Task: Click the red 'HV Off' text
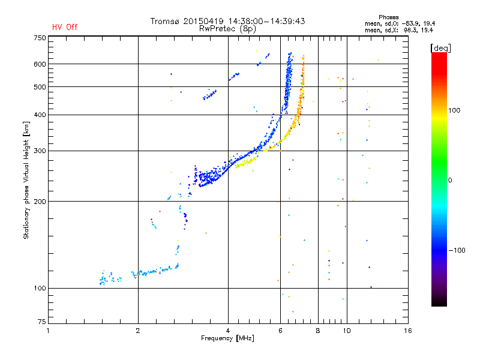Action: (x=65, y=27)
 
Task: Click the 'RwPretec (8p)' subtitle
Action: (x=227, y=28)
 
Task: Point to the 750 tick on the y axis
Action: (x=40, y=37)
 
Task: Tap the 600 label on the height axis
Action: (x=40, y=64)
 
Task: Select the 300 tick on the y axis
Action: (x=40, y=151)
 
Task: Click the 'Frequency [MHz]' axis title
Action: (x=227, y=339)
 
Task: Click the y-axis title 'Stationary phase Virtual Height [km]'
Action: (x=26, y=181)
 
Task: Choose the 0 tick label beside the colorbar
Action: (x=452, y=180)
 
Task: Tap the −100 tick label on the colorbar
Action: (x=458, y=250)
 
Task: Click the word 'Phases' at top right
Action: (x=389, y=17)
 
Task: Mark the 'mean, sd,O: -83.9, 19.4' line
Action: (x=399, y=23)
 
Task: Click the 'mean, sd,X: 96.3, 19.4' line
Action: (x=399, y=29)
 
